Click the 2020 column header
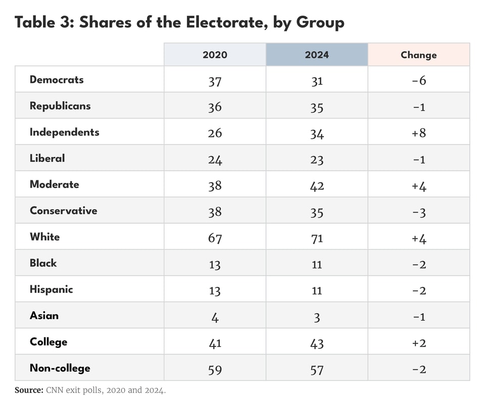click(215, 55)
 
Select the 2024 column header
click(317, 55)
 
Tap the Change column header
click(418, 55)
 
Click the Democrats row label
click(57, 80)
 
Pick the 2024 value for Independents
click(317, 133)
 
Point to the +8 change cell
click(419, 133)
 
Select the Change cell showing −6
click(419, 81)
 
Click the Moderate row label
click(54, 184)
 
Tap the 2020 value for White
click(215, 238)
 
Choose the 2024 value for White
click(317, 238)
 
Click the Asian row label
click(44, 316)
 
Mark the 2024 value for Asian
click(317, 317)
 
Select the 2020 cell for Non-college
click(215, 369)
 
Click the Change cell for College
click(419, 343)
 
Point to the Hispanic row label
click(51, 289)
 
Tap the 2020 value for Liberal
click(215, 160)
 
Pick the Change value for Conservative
click(419, 212)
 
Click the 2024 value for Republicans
click(317, 107)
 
